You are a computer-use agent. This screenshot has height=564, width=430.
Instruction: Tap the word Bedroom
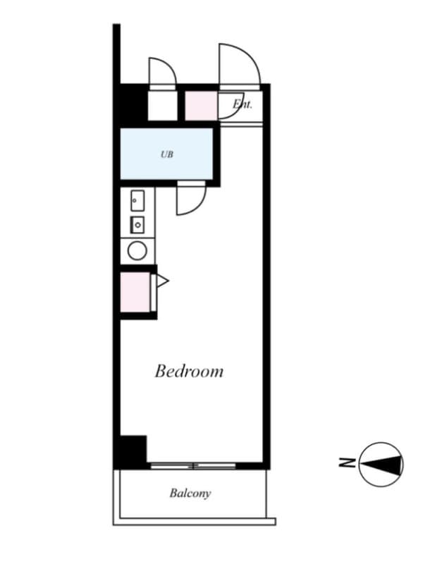point(189,371)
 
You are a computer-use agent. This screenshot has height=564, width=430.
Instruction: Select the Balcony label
point(190,493)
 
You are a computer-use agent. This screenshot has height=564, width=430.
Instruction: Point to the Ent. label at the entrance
point(242,105)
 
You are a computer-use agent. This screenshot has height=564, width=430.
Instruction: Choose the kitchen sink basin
point(137,202)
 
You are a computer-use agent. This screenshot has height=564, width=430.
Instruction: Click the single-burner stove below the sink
point(137,225)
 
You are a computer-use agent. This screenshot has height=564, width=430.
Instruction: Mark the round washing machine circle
point(137,250)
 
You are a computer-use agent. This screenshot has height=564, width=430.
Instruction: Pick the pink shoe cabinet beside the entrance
point(201,105)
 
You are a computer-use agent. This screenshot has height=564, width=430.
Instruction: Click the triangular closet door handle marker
point(162,281)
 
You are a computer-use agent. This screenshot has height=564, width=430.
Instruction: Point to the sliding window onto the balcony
point(192,465)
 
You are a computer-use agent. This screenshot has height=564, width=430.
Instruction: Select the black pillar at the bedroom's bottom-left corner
point(133,450)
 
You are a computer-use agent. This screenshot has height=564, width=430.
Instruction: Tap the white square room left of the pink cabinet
point(162,105)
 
